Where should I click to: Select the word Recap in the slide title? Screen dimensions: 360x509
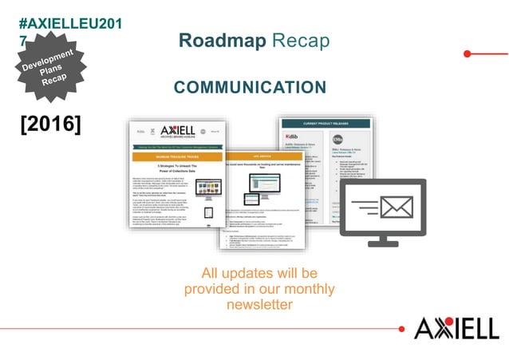pos(303,40)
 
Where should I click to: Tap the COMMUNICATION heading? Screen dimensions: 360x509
pos(250,87)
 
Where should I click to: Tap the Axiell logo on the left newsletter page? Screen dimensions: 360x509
pos(177,132)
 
